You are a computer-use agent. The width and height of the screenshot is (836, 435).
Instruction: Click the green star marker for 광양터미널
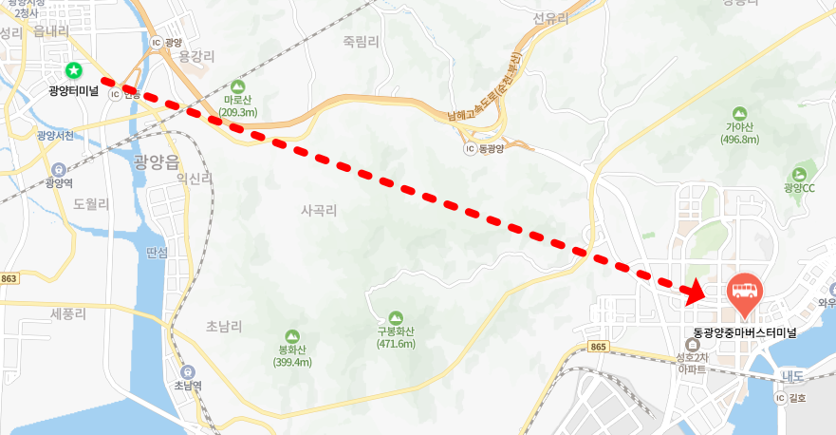[74, 70]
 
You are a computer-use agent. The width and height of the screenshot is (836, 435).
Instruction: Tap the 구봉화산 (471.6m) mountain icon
[396, 317]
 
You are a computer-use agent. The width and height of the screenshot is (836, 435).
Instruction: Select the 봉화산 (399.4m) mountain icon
[292, 335]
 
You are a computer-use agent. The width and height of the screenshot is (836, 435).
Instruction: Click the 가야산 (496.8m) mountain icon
[741, 112]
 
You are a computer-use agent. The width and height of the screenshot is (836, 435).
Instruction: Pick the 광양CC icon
[799, 174]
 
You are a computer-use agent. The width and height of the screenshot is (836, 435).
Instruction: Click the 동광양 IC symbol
[470, 149]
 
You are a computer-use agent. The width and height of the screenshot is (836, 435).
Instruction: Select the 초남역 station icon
[186, 371]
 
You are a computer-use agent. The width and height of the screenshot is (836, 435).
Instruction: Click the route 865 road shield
[598, 348]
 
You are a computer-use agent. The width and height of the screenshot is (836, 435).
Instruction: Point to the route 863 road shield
[9, 278]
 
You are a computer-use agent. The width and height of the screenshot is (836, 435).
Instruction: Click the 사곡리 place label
[319, 209]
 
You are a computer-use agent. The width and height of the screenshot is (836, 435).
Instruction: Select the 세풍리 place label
[69, 312]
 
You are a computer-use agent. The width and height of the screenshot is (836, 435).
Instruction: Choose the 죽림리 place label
[361, 41]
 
